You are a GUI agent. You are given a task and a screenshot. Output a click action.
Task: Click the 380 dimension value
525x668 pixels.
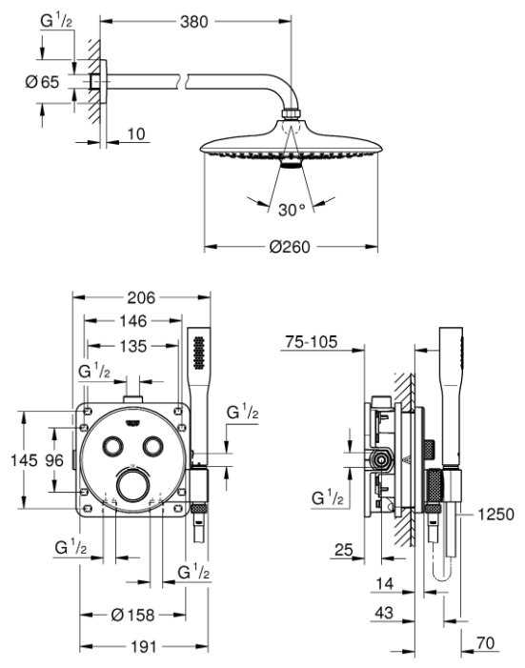coord(193,22)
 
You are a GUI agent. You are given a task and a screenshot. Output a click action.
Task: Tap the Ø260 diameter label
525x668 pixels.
coord(290,247)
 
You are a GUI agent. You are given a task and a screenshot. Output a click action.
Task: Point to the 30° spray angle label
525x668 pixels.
coord(292,210)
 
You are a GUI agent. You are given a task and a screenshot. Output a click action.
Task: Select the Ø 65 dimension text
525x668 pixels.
coord(42,82)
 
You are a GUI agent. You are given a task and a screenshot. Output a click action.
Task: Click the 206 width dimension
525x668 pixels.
coord(141,297)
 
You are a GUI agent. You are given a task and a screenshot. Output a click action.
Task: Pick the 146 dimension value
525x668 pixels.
coord(133,321)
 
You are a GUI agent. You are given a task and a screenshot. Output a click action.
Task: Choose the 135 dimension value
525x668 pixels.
coord(133,346)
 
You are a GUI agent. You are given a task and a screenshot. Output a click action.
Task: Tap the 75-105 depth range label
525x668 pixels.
coord(311,342)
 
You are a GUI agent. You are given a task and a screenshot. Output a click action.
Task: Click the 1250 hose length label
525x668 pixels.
coord(495,515)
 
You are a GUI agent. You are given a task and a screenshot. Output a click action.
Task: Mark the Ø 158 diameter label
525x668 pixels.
coord(132,615)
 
